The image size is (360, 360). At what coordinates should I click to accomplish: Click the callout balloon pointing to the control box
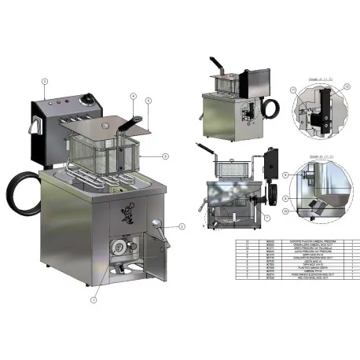tap(45, 81)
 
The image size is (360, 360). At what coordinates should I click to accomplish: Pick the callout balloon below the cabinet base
tap(94, 299)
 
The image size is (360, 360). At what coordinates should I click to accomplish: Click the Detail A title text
tap(301, 79)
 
